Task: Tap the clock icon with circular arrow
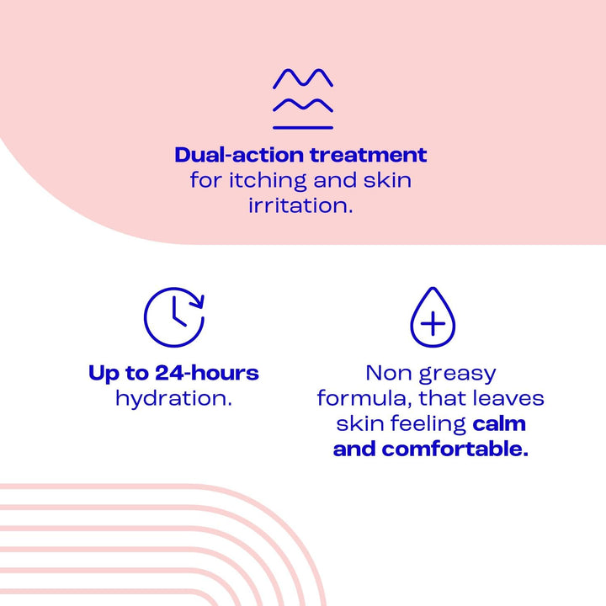(173, 317)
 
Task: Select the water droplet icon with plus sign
(432, 317)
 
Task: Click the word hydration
(173, 398)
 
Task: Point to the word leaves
(508, 397)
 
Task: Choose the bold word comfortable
(455, 449)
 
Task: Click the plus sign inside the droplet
(432, 324)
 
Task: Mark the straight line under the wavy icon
(302, 128)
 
